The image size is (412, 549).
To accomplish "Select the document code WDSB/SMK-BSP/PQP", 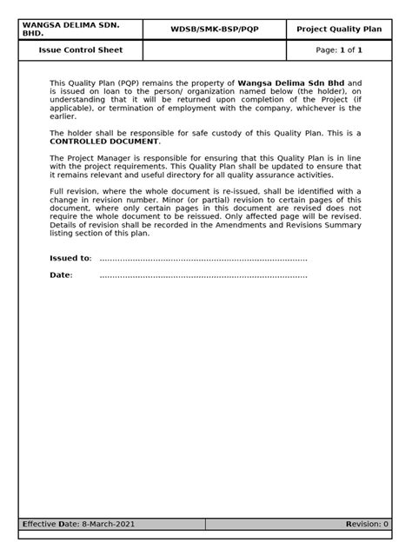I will [x=214, y=30].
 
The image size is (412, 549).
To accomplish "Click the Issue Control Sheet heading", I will [x=81, y=50].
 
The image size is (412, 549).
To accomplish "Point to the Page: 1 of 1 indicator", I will [x=338, y=50].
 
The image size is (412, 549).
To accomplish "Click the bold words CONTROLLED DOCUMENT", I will [x=104, y=141].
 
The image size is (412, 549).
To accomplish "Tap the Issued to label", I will [x=70, y=258].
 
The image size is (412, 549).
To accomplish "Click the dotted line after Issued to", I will [x=203, y=259].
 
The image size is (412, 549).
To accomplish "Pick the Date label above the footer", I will [x=61, y=275].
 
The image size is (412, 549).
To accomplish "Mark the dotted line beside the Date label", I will [x=203, y=276].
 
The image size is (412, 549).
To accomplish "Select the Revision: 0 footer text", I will [x=367, y=525].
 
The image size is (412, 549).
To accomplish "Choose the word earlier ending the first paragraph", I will [x=63, y=116].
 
